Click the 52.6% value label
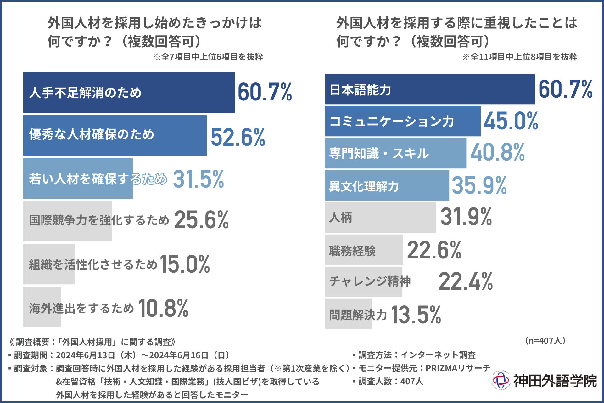(238, 137)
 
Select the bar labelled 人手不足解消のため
(129, 93)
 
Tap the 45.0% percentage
(511, 121)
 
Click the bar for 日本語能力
(430, 89)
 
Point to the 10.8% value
(163, 308)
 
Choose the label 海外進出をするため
(81, 308)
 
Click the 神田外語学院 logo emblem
(501, 381)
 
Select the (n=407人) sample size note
(545, 341)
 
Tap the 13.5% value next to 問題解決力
(416, 315)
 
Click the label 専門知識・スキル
(379, 154)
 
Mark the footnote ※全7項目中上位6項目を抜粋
(208, 57)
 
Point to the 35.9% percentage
(479, 185)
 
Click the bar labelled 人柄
(380, 218)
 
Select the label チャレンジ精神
(370, 281)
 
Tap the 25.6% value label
(201, 220)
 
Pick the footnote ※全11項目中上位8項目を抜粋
(520, 57)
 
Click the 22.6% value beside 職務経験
(434, 250)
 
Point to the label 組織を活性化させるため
(93, 264)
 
